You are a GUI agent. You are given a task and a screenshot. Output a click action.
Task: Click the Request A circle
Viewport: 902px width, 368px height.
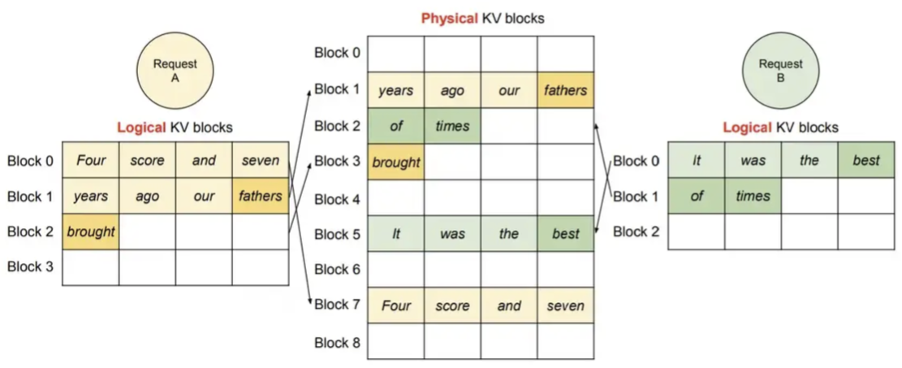(175, 71)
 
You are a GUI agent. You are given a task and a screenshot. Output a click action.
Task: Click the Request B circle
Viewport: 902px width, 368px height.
(780, 71)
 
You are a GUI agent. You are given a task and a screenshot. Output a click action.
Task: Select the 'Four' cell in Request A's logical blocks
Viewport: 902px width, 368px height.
(90, 160)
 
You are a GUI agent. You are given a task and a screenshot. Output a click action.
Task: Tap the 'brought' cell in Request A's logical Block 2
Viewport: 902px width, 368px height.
(90, 232)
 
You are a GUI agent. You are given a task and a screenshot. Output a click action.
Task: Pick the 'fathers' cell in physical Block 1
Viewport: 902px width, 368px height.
(566, 90)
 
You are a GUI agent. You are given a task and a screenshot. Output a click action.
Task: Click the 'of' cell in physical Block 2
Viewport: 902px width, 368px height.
(395, 126)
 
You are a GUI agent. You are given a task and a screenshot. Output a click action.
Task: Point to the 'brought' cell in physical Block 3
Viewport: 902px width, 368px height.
(395, 162)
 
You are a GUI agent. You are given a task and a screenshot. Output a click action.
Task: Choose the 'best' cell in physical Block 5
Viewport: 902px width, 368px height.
(566, 233)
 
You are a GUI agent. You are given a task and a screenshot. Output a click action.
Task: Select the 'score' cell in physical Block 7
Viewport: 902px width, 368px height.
(452, 305)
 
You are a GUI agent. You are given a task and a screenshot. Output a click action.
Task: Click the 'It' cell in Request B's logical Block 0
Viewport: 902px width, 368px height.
(696, 160)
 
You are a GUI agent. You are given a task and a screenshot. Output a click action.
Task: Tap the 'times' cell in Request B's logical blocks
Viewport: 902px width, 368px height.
(753, 196)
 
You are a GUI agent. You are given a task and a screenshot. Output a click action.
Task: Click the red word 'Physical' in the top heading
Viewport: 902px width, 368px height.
(449, 18)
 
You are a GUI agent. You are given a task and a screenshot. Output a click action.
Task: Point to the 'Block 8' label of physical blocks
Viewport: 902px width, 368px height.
(337, 343)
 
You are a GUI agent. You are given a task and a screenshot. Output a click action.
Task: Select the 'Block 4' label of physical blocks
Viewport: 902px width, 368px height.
(337, 199)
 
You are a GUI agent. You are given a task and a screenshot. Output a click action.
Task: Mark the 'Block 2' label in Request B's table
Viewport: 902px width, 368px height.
(637, 232)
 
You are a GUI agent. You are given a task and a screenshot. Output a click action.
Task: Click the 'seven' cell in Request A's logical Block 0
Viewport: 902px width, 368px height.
(261, 160)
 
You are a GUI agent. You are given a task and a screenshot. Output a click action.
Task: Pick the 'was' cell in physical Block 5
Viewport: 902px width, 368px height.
(452, 233)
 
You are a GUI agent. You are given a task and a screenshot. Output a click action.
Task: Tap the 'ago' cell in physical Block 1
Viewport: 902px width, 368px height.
(452, 90)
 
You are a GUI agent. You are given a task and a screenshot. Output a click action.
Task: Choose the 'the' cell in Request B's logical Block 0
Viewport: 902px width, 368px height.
(809, 160)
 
